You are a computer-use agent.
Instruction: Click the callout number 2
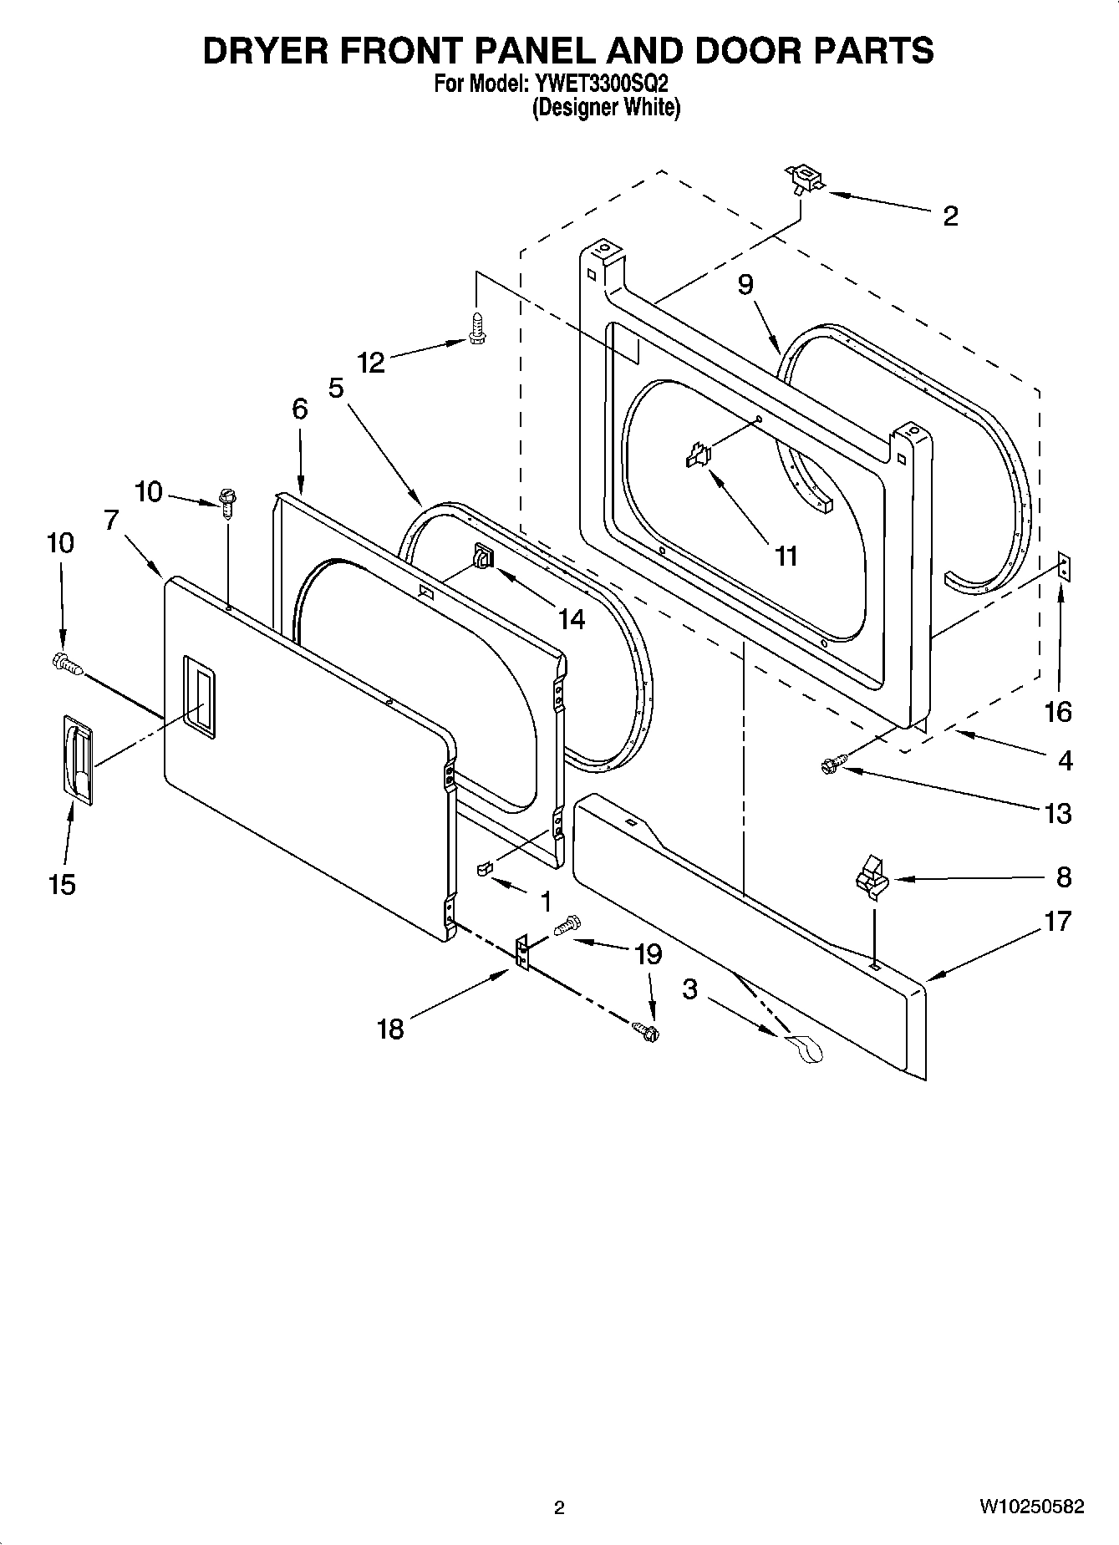pos(950,216)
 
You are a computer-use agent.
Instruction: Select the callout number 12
pos(371,363)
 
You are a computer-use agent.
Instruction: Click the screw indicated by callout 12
pos(477,330)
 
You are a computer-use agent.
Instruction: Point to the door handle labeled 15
pos(76,759)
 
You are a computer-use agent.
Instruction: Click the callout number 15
pos(63,884)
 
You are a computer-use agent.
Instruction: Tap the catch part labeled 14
pos(483,556)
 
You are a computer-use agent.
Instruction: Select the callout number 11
pos(786,556)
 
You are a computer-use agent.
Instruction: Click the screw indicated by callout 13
pos(833,763)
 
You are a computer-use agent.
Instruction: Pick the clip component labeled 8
pos(868,876)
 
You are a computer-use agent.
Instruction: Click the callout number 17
pos(1057,922)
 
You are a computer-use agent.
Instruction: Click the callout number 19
pos(649,954)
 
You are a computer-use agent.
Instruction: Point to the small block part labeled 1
pos(483,870)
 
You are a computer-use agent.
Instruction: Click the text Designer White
pos(607,108)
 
